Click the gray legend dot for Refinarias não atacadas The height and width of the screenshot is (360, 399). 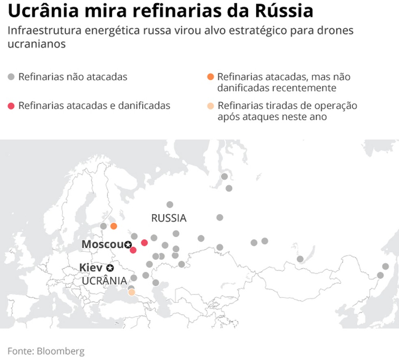[11, 77]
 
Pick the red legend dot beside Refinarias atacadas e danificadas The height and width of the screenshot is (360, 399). [11, 106]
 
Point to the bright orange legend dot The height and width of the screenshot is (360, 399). [210, 77]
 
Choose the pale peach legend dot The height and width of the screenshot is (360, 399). [210, 106]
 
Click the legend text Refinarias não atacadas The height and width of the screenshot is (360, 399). [73, 77]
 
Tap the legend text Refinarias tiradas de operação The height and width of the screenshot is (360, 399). [287, 106]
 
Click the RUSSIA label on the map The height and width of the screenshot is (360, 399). [169, 218]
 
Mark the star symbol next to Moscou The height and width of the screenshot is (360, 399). [128, 244]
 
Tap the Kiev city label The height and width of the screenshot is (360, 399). [90, 268]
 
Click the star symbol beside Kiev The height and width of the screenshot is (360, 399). [109, 268]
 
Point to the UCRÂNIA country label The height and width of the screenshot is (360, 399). [104, 281]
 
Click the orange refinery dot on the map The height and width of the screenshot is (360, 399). [114, 226]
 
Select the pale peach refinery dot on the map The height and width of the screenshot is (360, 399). [131, 292]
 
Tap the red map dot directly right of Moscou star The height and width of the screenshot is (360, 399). [144, 243]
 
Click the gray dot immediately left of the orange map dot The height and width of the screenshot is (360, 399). [104, 226]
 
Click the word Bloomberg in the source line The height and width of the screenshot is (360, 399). [61, 351]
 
